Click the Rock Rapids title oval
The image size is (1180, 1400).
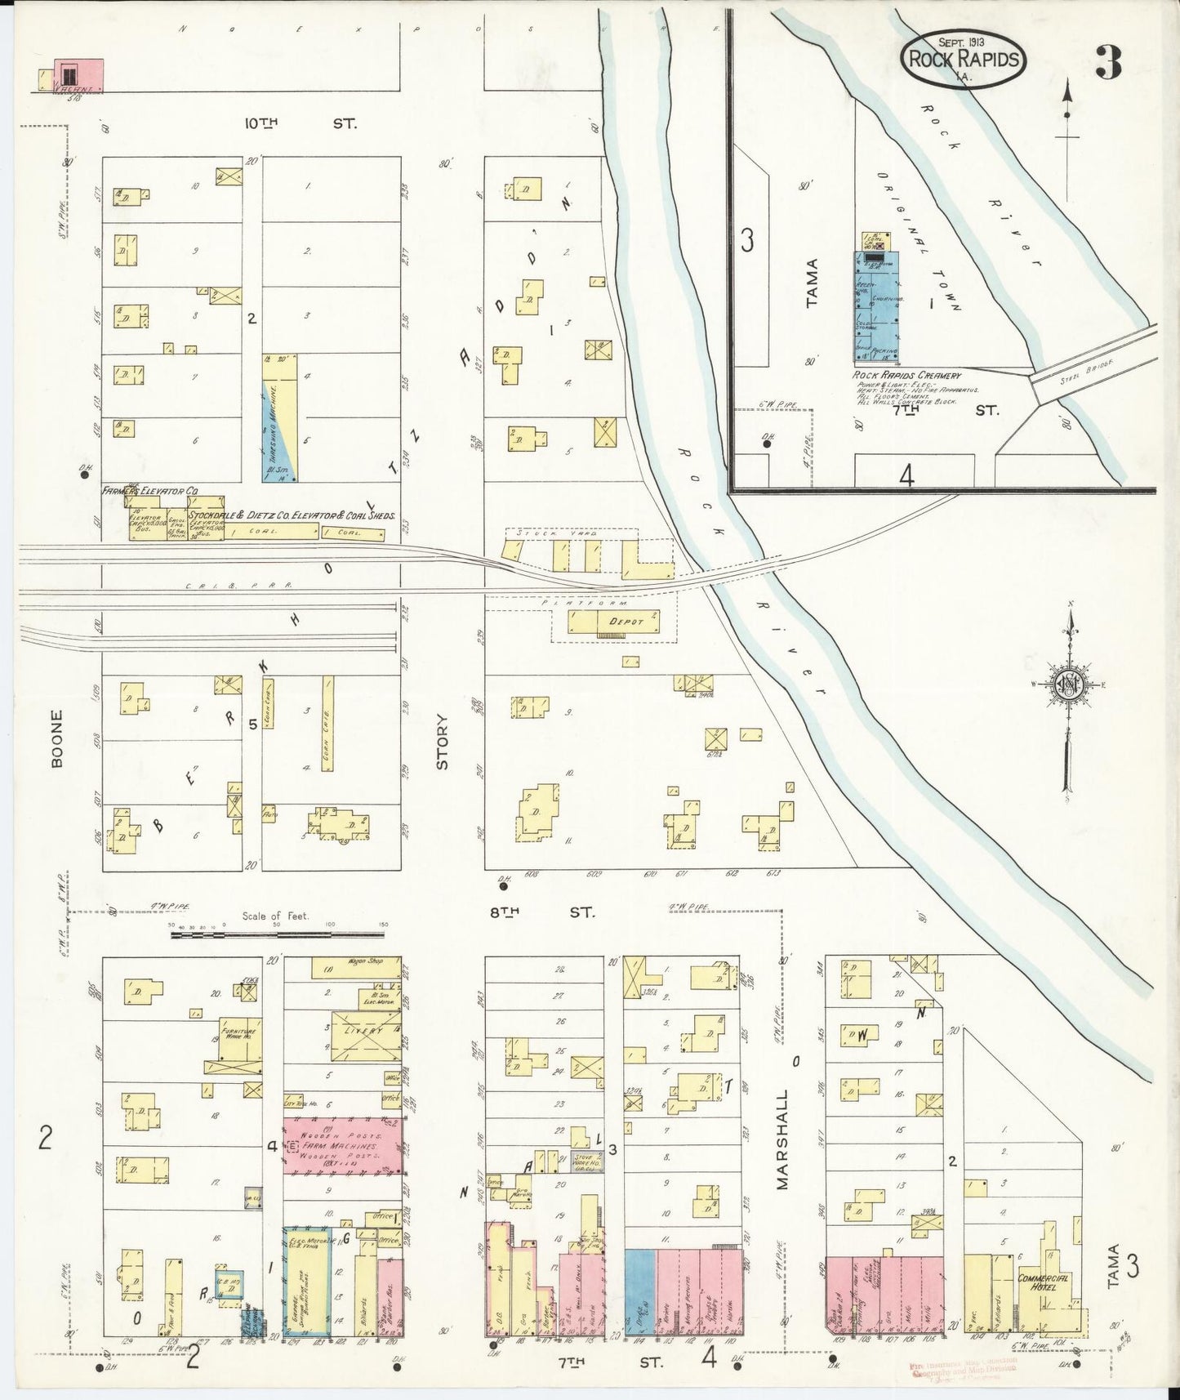pyautogui.click(x=964, y=59)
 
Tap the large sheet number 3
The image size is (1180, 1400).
pyautogui.click(x=1108, y=62)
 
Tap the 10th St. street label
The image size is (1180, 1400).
pyautogui.click(x=303, y=123)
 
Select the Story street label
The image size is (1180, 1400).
pyautogui.click(x=443, y=742)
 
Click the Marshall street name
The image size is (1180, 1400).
pyautogui.click(x=782, y=1139)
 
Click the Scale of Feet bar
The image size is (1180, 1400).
pyautogui.click(x=278, y=933)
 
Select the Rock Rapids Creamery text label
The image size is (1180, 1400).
pyautogui.click(x=906, y=375)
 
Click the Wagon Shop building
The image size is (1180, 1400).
pyautogui.click(x=359, y=967)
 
